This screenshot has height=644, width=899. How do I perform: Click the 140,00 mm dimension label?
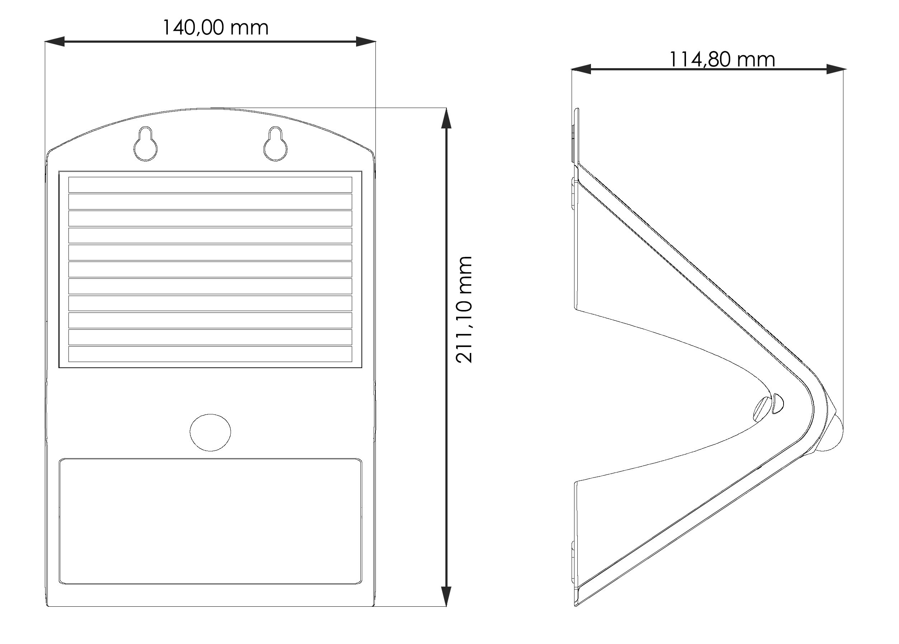(x=216, y=28)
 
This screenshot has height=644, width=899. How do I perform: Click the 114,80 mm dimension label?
(x=722, y=60)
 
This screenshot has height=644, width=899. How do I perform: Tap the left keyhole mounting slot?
(x=146, y=144)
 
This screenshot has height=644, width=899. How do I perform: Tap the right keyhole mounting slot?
(x=275, y=144)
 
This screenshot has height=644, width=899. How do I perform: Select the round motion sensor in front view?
(x=210, y=432)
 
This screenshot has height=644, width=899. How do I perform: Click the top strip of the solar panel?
(x=210, y=185)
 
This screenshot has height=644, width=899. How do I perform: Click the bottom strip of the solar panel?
(x=210, y=354)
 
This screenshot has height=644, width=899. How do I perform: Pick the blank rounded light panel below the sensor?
(x=210, y=521)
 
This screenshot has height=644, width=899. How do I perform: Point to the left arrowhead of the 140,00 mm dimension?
(x=54, y=41)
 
